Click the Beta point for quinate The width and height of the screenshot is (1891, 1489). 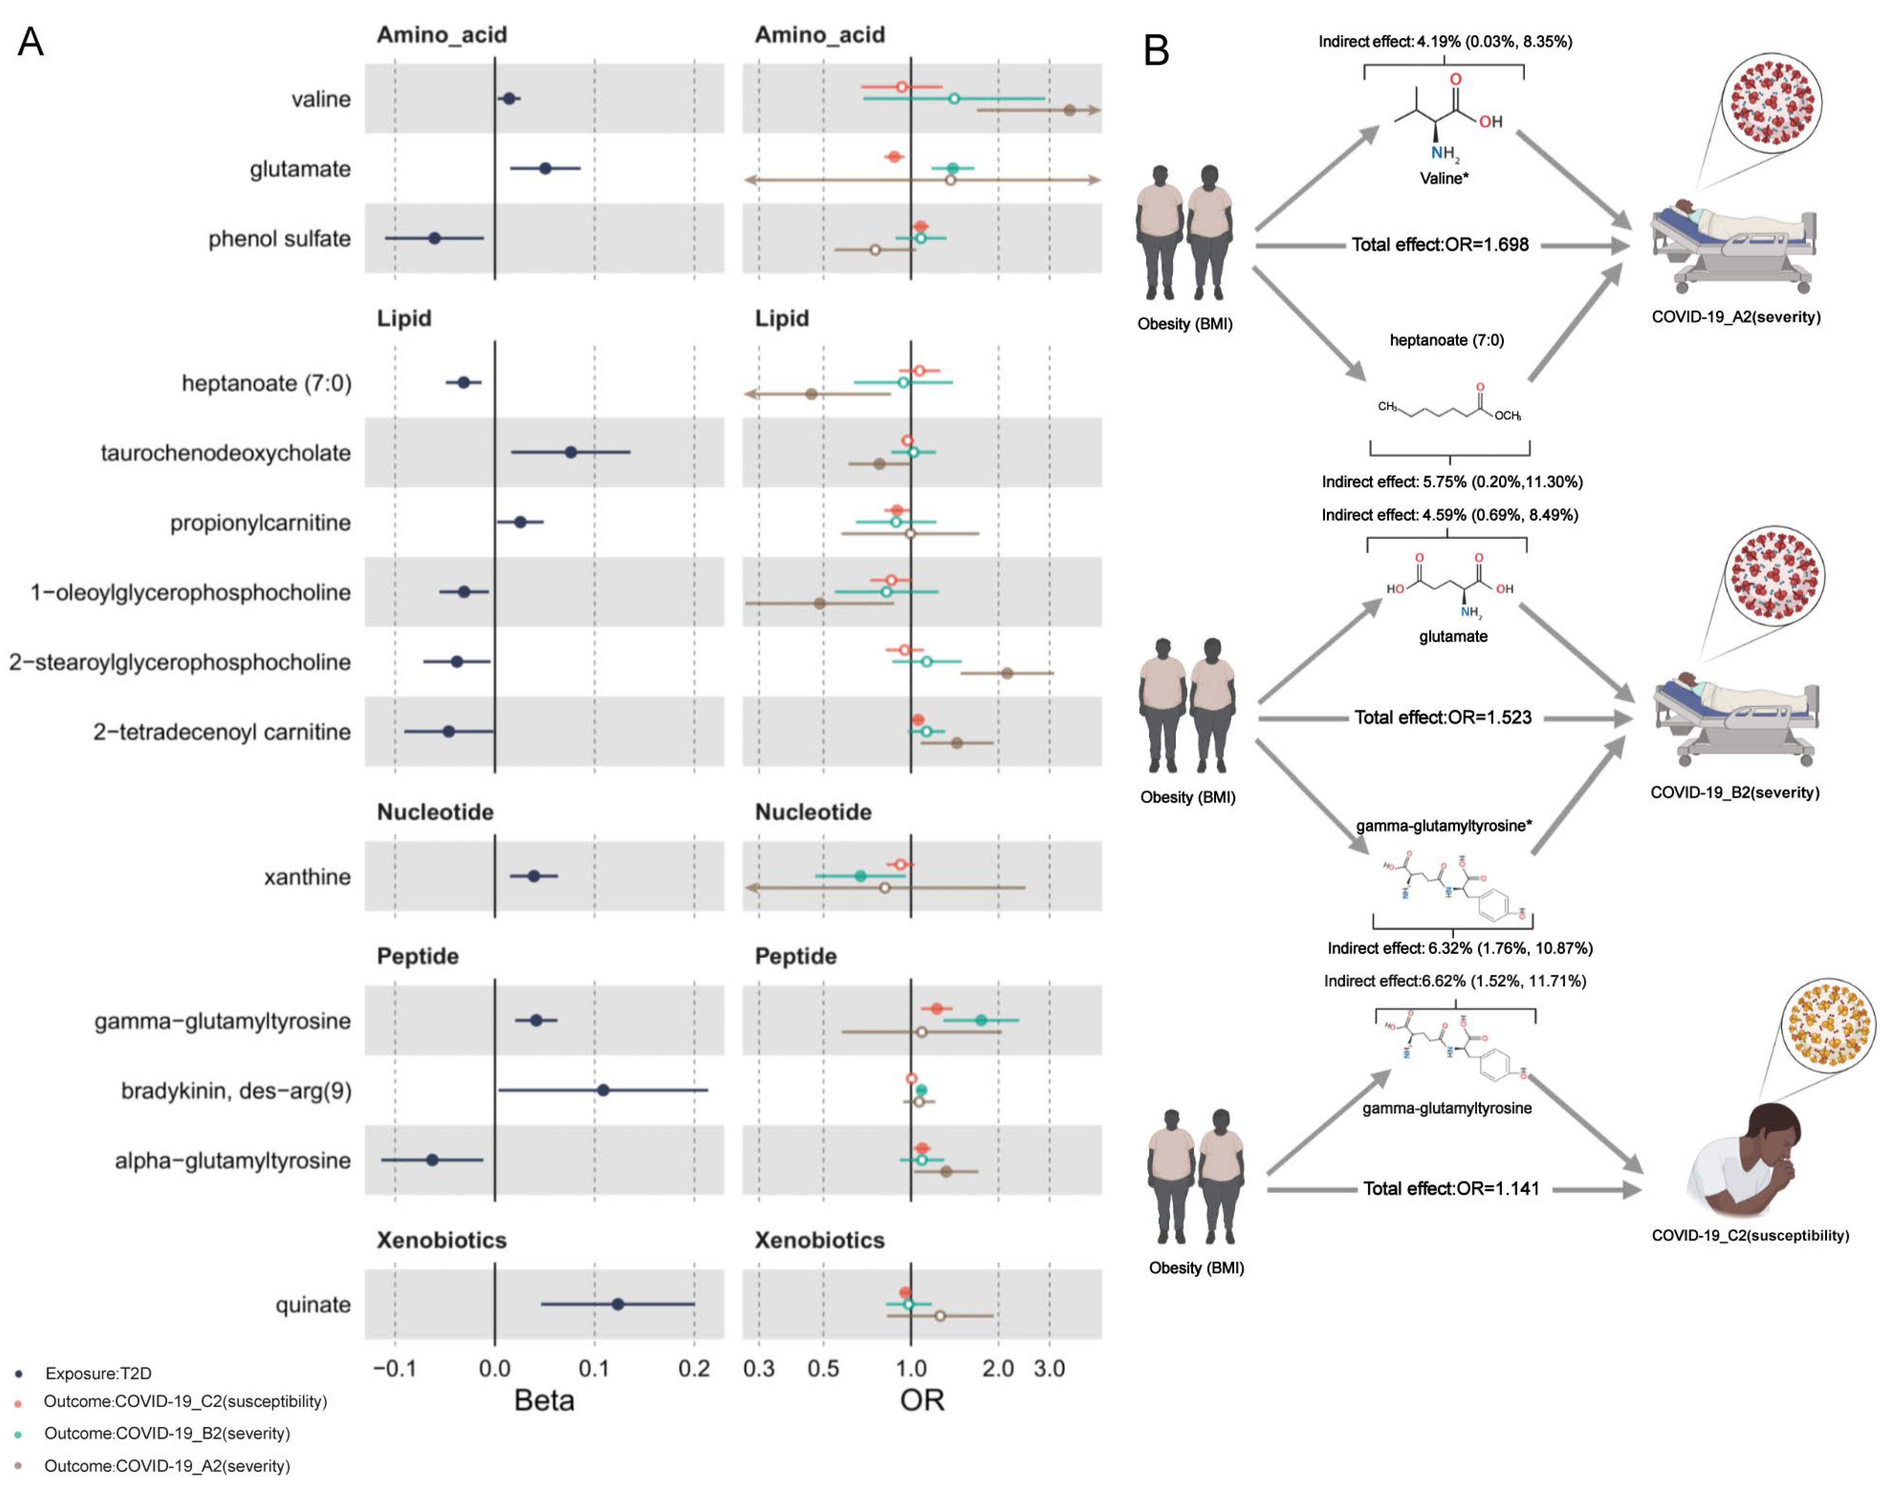tap(617, 1304)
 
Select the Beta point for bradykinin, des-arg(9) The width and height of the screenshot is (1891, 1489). tap(603, 1090)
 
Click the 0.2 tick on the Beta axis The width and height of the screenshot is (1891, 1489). tap(694, 1369)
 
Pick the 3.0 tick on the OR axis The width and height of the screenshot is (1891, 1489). tap(1049, 1369)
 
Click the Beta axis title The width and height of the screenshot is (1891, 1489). tap(544, 1401)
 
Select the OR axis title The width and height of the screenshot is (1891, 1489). tap(922, 1401)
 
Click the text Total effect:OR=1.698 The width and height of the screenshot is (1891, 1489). tap(1440, 245)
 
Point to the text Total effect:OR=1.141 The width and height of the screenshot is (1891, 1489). tap(1452, 1189)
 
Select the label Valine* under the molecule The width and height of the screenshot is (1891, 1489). tap(1444, 179)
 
